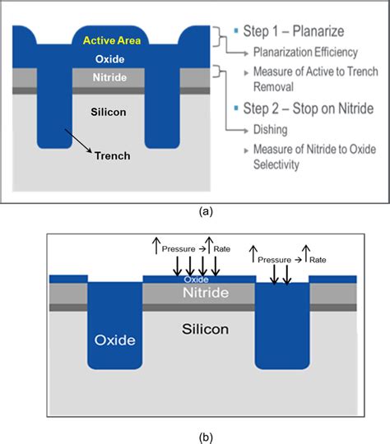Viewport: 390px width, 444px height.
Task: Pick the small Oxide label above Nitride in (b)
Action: pyautogui.click(x=195, y=279)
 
